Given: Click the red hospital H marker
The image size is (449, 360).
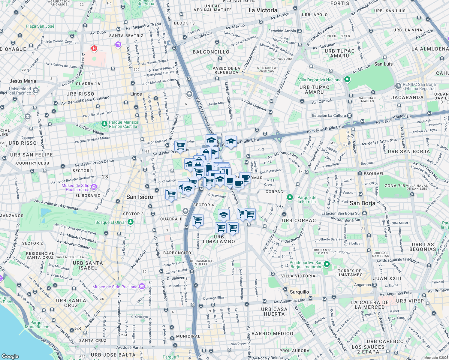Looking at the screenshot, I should (x=94, y=48).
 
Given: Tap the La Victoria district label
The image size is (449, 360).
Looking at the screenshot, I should (x=263, y=10).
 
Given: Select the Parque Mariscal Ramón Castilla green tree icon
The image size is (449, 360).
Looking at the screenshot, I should (x=104, y=124).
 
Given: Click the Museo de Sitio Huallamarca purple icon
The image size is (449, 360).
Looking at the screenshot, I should (x=94, y=187).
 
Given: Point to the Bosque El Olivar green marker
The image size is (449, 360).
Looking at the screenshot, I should (x=130, y=222).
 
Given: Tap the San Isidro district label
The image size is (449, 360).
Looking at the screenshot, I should (x=140, y=197).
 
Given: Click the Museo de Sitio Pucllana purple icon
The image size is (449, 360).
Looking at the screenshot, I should (x=142, y=286).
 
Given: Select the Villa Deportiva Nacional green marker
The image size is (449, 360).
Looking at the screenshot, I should (x=347, y=79).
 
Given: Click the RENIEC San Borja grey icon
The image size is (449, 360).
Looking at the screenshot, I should (x=398, y=86).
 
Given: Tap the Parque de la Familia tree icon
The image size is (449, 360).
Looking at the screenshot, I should (x=290, y=197).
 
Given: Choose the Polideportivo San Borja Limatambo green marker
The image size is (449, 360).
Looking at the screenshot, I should (x=327, y=264).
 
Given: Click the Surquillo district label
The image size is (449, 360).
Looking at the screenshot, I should (x=299, y=292).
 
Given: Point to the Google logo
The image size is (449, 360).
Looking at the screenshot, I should (x=10, y=356).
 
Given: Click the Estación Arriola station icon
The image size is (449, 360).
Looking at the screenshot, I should (x=300, y=31).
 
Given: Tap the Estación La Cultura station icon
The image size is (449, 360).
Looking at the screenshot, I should (x=349, y=115).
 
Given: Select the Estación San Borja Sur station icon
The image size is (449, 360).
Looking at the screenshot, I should (x=364, y=213).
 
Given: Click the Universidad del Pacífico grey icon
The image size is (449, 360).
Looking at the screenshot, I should (x=36, y=91).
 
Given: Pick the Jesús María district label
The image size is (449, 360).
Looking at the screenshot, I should (x=23, y=81).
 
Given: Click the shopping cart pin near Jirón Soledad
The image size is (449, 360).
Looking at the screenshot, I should (x=180, y=145).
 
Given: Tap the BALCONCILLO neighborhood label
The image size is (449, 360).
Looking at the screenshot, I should (x=211, y=52).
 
